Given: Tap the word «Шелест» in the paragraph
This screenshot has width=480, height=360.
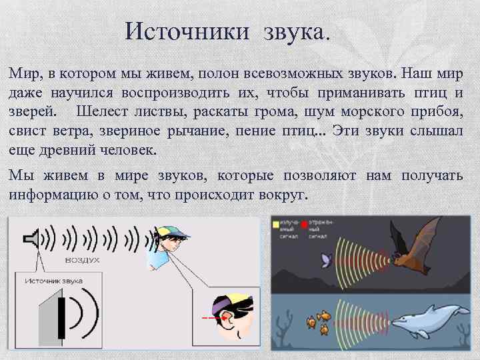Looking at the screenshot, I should coord(104,111).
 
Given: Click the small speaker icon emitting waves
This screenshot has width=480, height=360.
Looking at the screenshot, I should coord(32,238).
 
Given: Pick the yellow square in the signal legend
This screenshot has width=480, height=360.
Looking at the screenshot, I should coord(276,225).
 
